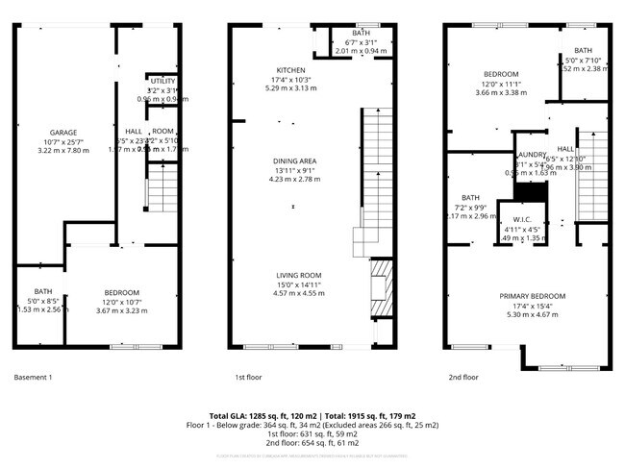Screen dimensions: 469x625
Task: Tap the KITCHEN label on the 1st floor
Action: (291, 70)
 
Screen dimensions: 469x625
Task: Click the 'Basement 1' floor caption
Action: (34, 378)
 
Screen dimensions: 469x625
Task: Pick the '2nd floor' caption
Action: (463, 378)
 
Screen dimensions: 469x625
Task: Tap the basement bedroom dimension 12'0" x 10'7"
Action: (122, 302)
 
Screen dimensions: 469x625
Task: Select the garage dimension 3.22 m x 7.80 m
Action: (57, 150)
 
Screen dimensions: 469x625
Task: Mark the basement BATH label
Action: (42, 291)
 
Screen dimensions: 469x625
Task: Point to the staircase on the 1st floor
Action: (376, 173)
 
